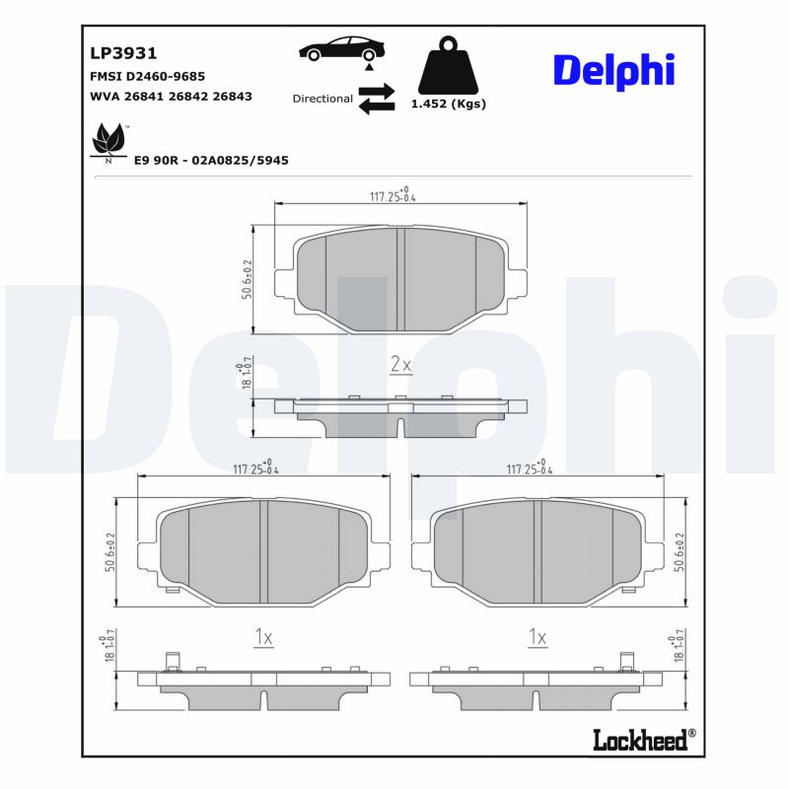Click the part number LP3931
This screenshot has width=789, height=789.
pos(124,53)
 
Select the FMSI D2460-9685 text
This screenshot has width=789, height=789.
pos(148,76)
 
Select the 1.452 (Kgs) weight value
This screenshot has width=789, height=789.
pos(448,104)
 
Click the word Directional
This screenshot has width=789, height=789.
pos(323,99)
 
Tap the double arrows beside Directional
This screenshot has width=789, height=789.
pos(376,99)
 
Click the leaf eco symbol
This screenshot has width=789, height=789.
pos(107,141)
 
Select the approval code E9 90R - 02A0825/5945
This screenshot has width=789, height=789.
pos(211,160)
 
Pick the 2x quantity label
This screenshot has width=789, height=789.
pos(399,365)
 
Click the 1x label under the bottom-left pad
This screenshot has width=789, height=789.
pos(262,638)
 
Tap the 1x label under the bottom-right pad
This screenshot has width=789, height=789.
pos(538,638)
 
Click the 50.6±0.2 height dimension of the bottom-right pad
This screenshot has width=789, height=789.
pos(679,553)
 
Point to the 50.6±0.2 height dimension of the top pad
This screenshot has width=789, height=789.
pos(247,280)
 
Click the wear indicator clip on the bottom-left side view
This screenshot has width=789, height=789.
pos(171,663)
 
